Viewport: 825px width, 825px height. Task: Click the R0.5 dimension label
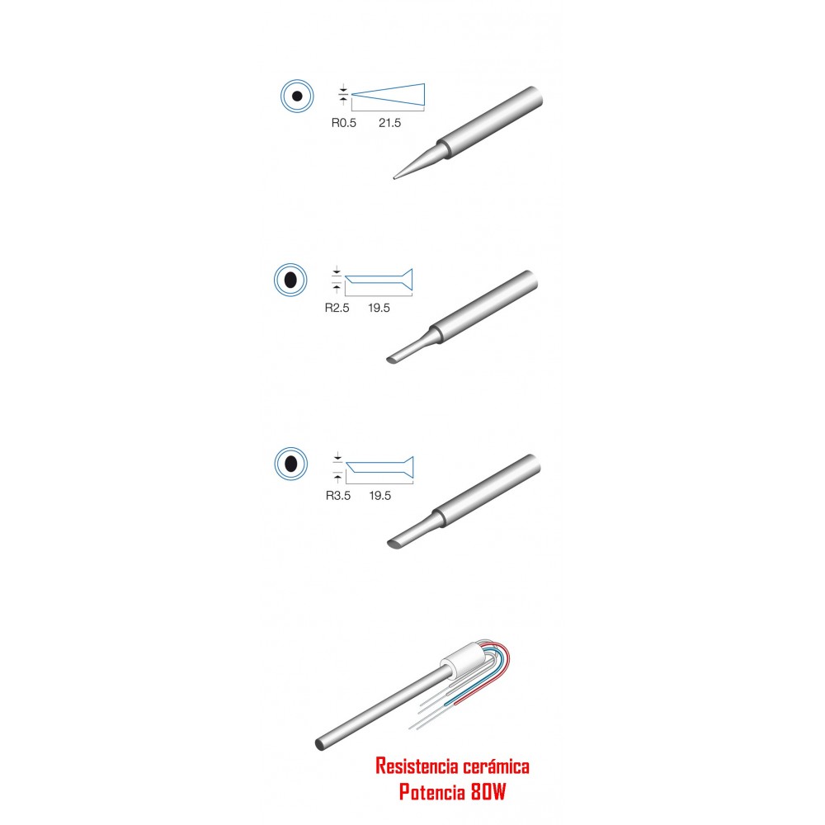coord(343,123)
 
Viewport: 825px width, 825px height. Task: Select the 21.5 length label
coord(390,123)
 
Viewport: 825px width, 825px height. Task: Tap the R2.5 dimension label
coord(337,308)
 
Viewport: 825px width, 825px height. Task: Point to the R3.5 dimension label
coord(337,496)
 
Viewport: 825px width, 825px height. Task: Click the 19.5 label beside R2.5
coord(379,308)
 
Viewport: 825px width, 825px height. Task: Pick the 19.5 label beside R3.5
coord(379,496)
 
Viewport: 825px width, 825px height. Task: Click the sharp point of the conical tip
coord(394,178)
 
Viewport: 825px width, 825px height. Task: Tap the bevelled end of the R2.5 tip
coord(393,360)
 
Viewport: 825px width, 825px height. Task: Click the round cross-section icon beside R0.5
coord(297,97)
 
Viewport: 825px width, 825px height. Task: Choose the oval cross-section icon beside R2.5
coord(290,280)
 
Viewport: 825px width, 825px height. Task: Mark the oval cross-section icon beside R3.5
coord(291,464)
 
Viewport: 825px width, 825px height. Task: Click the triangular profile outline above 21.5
coord(389,94)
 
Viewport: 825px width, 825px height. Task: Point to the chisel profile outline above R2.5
coord(379,280)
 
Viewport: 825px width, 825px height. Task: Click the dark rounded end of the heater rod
coord(319,744)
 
